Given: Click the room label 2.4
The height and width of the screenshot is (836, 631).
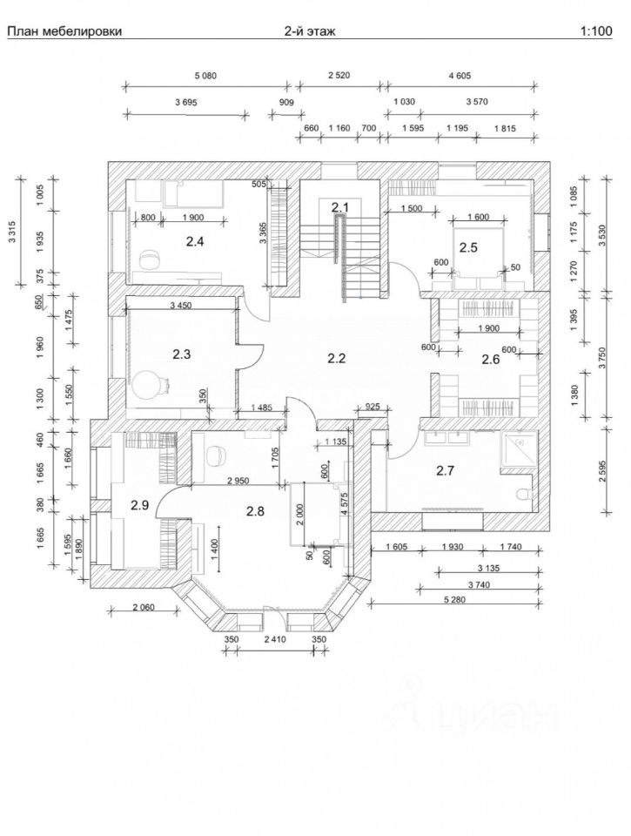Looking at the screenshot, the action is (195, 241).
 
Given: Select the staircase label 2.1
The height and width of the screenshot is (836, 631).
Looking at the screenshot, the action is (339, 206).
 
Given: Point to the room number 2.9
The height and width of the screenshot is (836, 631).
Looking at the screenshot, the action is (139, 505).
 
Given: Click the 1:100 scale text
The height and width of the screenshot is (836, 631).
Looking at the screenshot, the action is (596, 31).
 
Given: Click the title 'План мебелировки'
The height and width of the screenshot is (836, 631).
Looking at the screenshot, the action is (64, 31).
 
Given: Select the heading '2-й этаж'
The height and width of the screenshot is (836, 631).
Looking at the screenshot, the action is (310, 31).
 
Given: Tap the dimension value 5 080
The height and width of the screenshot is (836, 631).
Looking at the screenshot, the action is (205, 76).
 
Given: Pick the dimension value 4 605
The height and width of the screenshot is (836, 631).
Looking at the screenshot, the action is (460, 76).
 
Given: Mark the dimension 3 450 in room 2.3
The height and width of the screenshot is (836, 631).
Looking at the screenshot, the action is (181, 306).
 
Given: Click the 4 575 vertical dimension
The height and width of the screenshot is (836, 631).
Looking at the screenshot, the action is (346, 504).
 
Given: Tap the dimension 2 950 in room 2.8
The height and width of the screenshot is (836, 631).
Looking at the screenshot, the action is (238, 481).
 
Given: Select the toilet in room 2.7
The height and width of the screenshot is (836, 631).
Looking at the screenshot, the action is (523, 494).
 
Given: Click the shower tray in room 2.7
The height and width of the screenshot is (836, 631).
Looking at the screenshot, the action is (518, 449).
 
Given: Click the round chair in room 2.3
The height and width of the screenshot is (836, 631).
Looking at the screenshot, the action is (145, 385).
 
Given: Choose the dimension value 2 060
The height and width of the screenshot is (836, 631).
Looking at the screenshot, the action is (143, 607).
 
